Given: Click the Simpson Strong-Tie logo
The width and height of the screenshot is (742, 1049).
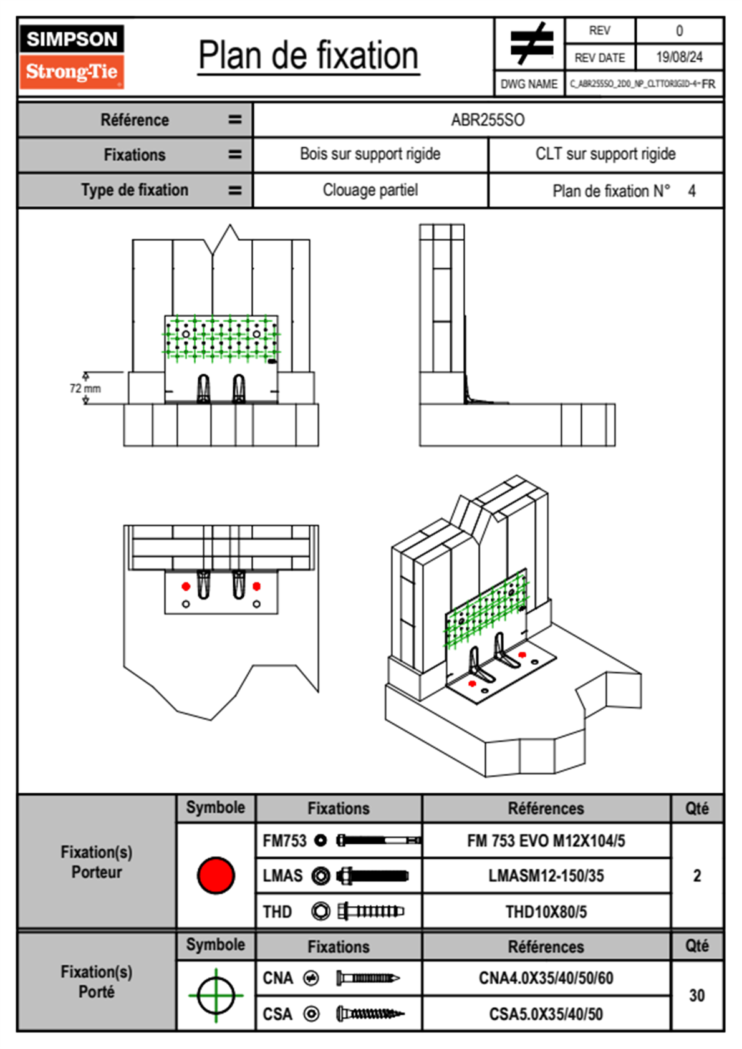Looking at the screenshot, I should point(72,56).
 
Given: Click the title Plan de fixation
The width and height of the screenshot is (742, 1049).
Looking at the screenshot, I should point(308,56).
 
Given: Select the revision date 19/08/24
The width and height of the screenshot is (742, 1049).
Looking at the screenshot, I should point(679,57).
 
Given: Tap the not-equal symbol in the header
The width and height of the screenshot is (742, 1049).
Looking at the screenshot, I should point(531,44).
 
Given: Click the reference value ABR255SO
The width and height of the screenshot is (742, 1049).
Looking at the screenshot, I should point(488,120).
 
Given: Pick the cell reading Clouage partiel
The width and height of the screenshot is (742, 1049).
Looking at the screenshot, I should point(370,190).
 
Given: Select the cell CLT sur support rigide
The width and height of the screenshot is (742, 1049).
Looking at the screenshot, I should point(605,154).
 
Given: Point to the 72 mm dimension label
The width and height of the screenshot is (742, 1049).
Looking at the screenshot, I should point(85,389).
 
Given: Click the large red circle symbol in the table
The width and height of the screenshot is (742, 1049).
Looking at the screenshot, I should point(216,875).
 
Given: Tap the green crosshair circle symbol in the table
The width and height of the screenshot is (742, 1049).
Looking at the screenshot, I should point(216,995).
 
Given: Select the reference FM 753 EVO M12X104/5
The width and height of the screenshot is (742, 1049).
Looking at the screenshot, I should point(546,841).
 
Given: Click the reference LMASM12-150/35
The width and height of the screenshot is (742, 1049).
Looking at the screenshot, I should point(546,876).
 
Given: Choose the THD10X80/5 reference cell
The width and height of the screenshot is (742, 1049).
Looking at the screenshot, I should point(546,912).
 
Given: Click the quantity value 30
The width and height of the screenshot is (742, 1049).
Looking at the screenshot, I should point(696,995).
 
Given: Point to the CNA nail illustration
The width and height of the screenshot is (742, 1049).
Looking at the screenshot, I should point(367,978).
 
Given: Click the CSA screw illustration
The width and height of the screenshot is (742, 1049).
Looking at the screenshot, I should point(369,1014).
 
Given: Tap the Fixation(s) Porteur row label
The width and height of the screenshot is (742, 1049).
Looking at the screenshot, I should point(97,862).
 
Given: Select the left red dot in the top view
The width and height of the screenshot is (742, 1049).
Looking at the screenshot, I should point(186,586).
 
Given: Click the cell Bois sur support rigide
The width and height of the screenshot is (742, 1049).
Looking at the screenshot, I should point(370,154).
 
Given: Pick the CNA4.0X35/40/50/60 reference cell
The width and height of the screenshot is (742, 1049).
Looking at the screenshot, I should point(546,978).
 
